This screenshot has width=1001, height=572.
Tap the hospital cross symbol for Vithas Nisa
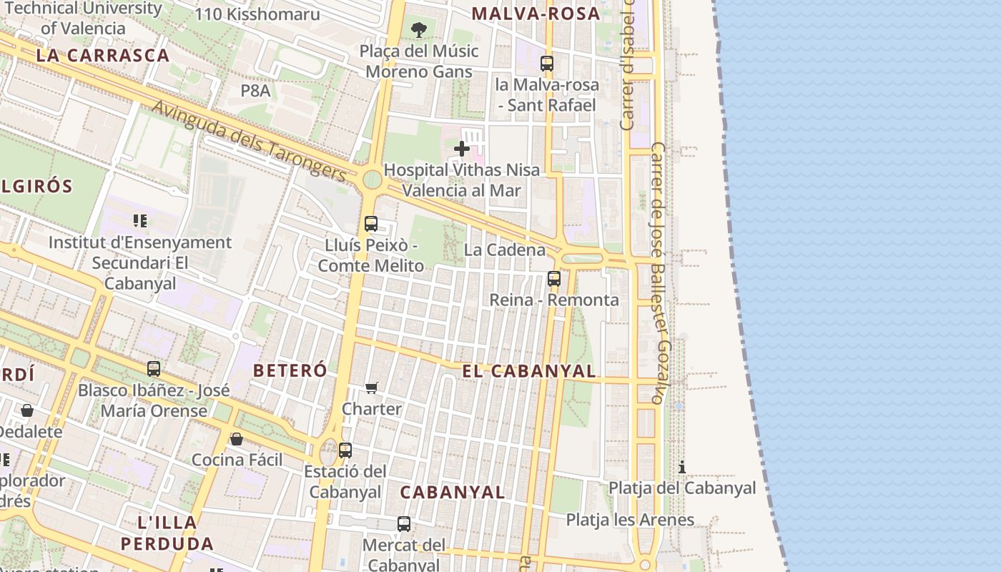click(462, 149)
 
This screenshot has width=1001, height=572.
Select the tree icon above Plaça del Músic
click(419, 30)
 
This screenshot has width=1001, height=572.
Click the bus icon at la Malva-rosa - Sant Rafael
click(547, 64)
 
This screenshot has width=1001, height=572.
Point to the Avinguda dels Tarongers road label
click(250, 140)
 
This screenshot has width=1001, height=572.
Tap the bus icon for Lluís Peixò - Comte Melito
click(370, 224)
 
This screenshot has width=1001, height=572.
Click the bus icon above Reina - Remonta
click(554, 279)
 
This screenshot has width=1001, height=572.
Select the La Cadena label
click(504, 250)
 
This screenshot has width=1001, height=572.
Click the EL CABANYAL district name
click(528, 370)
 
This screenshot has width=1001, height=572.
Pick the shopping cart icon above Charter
click(372, 388)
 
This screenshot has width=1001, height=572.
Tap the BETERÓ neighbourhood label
click(290, 370)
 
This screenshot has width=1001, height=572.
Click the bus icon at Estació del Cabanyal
click(345, 450)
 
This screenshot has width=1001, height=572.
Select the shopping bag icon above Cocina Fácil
click(237, 438)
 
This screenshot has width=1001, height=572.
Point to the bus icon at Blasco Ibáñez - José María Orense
click(154, 369)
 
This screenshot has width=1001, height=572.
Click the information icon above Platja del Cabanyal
click(682, 468)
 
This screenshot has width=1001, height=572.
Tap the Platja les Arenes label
click(630, 520)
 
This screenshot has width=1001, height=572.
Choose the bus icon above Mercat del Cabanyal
click(404, 524)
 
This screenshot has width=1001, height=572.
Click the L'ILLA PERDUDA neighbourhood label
click(167, 533)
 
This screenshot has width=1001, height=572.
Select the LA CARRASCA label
click(102, 55)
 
